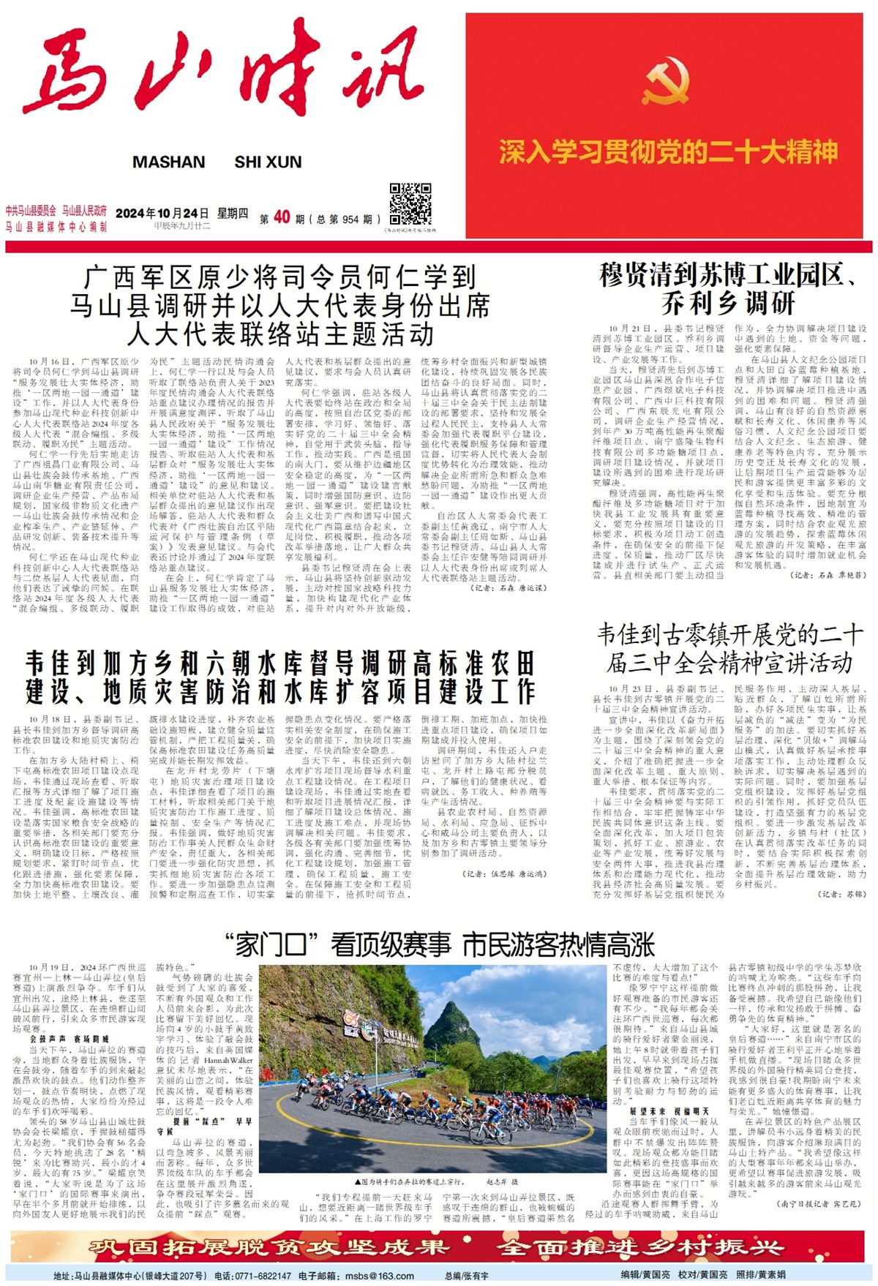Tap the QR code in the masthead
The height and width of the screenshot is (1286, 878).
coord(410,205)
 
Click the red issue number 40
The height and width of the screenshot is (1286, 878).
coord(282,217)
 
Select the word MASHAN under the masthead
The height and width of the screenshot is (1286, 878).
coord(168,162)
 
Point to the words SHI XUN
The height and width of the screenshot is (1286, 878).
coord(268,162)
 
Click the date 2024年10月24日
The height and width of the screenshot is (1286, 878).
coord(162,213)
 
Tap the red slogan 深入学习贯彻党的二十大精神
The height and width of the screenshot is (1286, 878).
coord(668,152)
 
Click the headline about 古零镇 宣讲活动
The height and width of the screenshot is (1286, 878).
coord(729,648)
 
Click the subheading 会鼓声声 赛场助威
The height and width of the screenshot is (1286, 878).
coord(70,1039)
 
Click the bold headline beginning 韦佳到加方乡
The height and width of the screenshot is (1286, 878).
coord(280,677)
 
